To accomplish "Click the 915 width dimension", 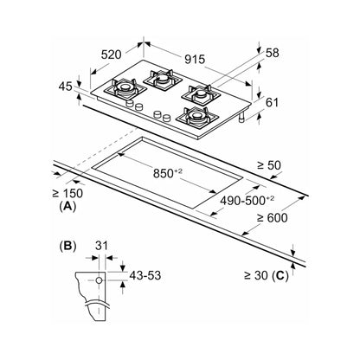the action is (195, 59).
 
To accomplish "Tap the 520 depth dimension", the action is (111, 55).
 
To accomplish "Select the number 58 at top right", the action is (273, 53).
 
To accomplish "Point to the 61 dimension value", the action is (272, 102).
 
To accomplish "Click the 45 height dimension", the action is (65, 87).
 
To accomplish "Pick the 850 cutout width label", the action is (168, 173).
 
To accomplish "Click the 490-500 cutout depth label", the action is (247, 200).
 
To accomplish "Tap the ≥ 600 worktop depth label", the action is (272, 218).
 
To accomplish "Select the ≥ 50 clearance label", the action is (269, 165).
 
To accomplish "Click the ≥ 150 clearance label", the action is (67, 193).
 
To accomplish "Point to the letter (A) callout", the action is (67, 206).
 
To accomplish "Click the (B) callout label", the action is (67, 246).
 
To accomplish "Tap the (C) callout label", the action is (280, 276).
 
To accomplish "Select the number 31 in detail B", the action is (101, 246).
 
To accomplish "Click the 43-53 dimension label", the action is (145, 275).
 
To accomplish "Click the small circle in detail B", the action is (99, 280).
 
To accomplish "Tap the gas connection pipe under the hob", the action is (242, 117).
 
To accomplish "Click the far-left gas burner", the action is (125, 87).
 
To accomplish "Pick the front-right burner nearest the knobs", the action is (197, 116).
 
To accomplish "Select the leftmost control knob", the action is (130, 104).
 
